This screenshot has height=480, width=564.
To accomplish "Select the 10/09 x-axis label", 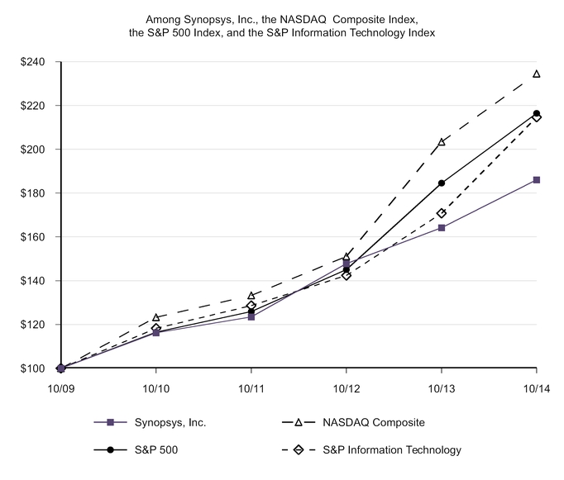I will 61,388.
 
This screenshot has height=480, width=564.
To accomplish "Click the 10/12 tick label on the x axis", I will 347,388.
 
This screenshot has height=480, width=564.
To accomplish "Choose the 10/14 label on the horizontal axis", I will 537,388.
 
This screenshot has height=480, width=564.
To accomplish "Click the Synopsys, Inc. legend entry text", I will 170,422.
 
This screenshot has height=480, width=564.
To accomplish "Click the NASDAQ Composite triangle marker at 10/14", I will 537,74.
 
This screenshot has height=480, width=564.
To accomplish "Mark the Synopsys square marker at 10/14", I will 537,179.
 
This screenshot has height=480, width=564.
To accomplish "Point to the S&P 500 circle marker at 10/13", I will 442,183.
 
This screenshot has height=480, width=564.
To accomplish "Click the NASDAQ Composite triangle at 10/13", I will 442,142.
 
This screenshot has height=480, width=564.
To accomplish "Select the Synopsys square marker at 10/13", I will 442,227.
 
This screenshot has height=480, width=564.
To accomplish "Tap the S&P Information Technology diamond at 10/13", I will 442,213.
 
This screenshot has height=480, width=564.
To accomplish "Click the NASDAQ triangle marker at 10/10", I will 156,317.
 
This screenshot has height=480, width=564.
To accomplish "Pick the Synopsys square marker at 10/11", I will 251,316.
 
